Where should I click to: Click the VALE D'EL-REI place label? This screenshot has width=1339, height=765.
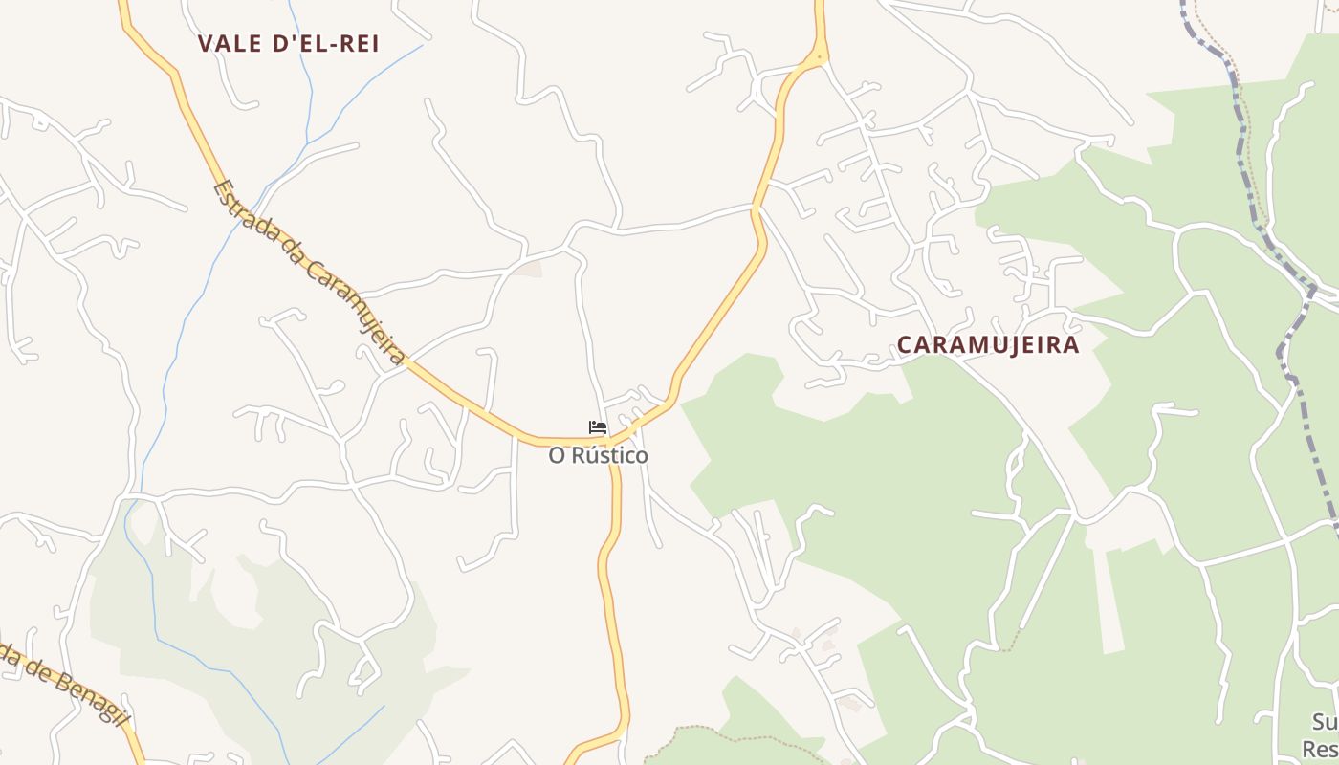point(289,43)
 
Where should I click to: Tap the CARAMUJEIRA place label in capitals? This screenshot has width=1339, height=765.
point(988,345)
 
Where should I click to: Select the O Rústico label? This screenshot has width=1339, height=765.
point(598,455)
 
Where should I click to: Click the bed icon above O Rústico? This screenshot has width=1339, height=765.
point(598,427)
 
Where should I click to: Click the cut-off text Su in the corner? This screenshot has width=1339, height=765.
point(1325,722)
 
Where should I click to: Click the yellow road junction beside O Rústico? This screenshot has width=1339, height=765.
point(612,443)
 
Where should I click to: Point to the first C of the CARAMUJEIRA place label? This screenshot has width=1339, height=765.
point(905,345)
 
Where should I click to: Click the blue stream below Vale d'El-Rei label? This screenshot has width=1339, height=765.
point(308,86)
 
